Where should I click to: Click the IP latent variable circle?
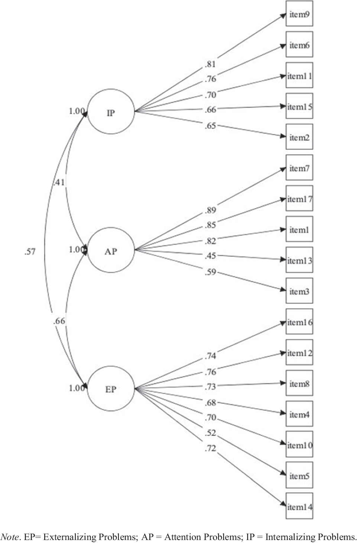(111, 111)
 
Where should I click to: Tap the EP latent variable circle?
(111, 388)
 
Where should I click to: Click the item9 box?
(299, 14)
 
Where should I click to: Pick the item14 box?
(299, 506)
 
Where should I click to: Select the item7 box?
(299, 168)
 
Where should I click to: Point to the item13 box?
(299, 260)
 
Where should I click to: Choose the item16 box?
(299, 322)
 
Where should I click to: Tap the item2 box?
(299, 137)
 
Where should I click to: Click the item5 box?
(299, 475)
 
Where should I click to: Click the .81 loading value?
(210, 64)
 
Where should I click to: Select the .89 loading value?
(210, 210)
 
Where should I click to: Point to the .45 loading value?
(210, 256)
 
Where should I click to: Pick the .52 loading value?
(210, 433)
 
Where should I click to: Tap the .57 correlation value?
(30, 251)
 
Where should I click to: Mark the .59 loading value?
(210, 272)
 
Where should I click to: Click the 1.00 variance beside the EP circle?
(77, 388)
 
